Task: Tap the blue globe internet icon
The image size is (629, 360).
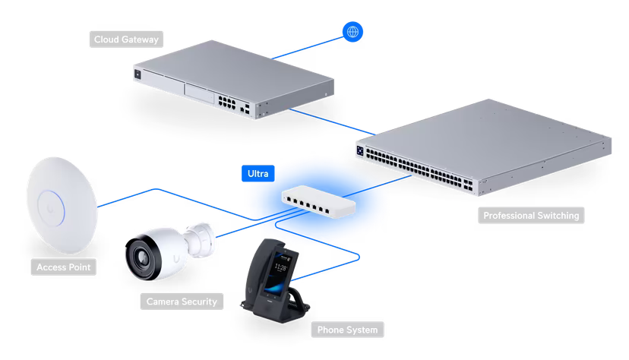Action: [352, 32]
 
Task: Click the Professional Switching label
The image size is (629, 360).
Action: [531, 216]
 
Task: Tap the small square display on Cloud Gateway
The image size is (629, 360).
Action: [137, 74]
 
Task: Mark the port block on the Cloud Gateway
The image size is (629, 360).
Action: [224, 100]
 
